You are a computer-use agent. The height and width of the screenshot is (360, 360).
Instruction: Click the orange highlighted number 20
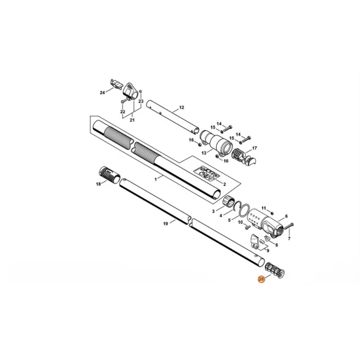pyautogui.click(x=261, y=279)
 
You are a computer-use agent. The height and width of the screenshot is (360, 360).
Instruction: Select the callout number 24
pyautogui.click(x=102, y=92)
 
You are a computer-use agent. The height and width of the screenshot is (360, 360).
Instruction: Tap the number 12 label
pyautogui.click(x=181, y=107)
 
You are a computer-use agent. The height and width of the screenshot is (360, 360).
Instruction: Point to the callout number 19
pyautogui.click(x=166, y=223)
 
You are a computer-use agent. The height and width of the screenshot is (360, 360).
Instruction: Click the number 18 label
pyautogui.click(x=98, y=184)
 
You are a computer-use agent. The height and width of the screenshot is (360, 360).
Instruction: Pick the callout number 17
pyautogui.click(x=255, y=148)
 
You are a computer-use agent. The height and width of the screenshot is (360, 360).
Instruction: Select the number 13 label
pyautogui.click(x=204, y=153)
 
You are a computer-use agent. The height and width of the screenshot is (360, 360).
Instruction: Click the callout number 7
pyautogui.click(x=289, y=238)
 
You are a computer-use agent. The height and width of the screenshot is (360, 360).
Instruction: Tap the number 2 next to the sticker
pyautogui.click(x=225, y=184)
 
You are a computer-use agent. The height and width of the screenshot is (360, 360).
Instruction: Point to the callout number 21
pyautogui.click(x=132, y=120)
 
